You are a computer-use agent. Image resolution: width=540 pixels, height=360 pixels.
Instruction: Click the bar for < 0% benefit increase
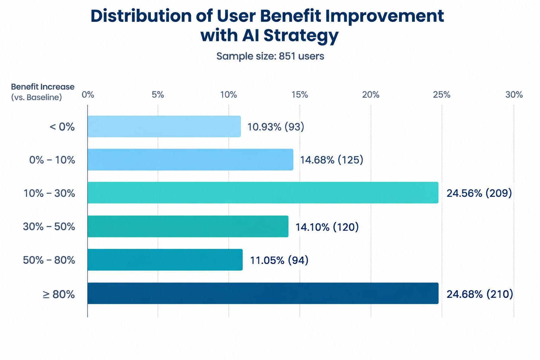pyautogui.click(x=164, y=126)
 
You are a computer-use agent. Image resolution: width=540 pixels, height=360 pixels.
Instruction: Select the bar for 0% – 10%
pyautogui.click(x=191, y=160)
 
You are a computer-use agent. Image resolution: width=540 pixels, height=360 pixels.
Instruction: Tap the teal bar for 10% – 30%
pyautogui.click(x=263, y=193)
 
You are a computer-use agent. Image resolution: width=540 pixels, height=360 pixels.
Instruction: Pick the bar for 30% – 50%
pyautogui.click(x=188, y=226)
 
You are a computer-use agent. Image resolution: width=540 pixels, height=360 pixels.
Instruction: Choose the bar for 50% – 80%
pyautogui.click(x=165, y=260)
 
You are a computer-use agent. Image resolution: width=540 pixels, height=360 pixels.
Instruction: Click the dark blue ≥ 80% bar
pyautogui.click(x=263, y=293)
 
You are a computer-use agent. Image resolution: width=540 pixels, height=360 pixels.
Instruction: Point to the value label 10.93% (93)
pyautogui.click(x=276, y=127)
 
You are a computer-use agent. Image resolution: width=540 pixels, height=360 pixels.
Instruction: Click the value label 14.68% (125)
pyautogui.click(x=332, y=160)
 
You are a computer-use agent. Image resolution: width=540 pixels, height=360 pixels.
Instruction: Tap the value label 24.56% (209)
pyautogui.click(x=479, y=193)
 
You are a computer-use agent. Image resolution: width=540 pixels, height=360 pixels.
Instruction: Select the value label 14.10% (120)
pyautogui.click(x=327, y=227)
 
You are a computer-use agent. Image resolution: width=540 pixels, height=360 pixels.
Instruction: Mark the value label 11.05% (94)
pyautogui.click(x=279, y=260)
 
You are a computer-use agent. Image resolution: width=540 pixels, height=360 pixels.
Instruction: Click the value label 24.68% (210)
pyautogui.click(x=480, y=294)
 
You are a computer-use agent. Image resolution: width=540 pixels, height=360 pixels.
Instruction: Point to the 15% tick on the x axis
pyautogui.click(x=300, y=95)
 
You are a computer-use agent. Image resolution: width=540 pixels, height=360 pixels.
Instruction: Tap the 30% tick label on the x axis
pyautogui.click(x=514, y=95)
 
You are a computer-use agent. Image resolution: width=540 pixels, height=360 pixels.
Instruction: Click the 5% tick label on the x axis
pyautogui.click(x=158, y=95)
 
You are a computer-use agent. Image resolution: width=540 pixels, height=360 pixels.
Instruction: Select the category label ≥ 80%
pyautogui.click(x=59, y=294)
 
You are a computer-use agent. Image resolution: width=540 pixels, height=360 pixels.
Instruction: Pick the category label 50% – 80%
pyautogui.click(x=49, y=260)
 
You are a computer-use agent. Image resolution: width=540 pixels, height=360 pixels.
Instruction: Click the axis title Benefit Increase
pyautogui.click(x=43, y=87)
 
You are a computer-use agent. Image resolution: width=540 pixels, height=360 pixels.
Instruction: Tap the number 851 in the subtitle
pyautogui.click(x=287, y=56)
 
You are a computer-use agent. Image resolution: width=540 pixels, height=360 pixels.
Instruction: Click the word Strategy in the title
pyautogui.click(x=301, y=36)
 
